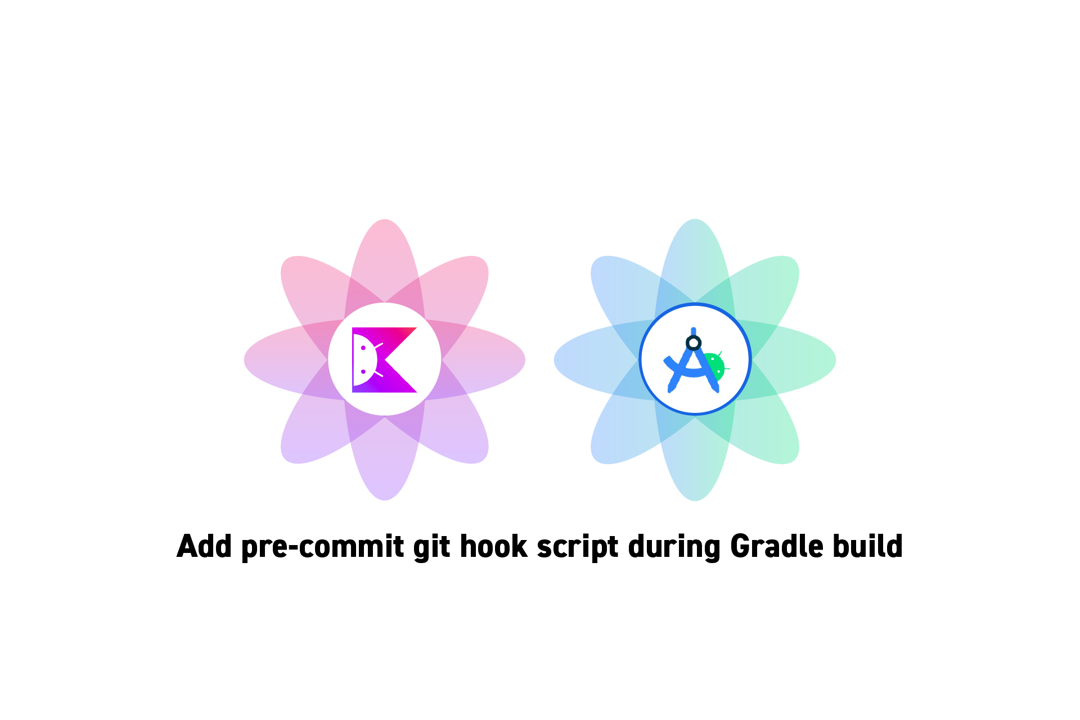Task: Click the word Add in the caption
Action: tap(204, 546)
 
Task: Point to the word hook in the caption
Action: tap(493, 546)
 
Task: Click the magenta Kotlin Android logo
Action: tap(385, 360)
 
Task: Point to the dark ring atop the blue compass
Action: tap(694, 343)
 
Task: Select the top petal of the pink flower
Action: tap(385, 259)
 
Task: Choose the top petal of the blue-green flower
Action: tap(695, 259)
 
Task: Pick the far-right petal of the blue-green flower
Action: tap(794, 360)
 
